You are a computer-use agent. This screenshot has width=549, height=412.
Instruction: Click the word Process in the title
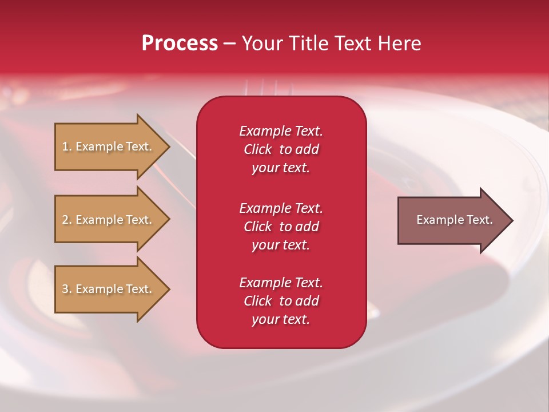coord(180,43)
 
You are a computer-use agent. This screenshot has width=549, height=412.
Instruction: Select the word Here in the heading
coord(399,43)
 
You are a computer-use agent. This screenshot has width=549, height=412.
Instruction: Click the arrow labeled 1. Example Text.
coord(113,147)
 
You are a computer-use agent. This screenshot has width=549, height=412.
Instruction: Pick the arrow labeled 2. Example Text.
coord(113,220)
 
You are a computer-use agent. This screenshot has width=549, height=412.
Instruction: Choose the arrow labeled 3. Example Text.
coord(113,289)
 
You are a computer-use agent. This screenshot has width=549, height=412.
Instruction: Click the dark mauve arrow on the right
coord(456,220)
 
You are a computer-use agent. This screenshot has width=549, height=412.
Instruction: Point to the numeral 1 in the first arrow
coord(65,146)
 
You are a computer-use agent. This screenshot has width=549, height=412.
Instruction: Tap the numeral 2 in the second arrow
coord(65,220)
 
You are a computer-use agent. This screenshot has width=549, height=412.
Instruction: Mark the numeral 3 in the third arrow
coord(65,289)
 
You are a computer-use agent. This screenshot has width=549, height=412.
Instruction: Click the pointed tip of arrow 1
coord(170,147)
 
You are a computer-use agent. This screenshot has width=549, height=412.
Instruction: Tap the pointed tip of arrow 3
coord(170,290)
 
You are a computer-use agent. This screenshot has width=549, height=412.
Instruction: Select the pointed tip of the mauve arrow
coord(514,221)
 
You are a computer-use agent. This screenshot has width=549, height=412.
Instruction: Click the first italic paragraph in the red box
coord(281,149)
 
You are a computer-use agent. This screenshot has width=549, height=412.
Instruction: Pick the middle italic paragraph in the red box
coord(281,227)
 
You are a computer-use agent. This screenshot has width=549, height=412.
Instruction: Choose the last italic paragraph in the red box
coord(281,301)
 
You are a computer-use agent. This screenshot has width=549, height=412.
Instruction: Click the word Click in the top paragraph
coord(258,149)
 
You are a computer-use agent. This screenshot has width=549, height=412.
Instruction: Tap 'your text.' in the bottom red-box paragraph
coord(281,319)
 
